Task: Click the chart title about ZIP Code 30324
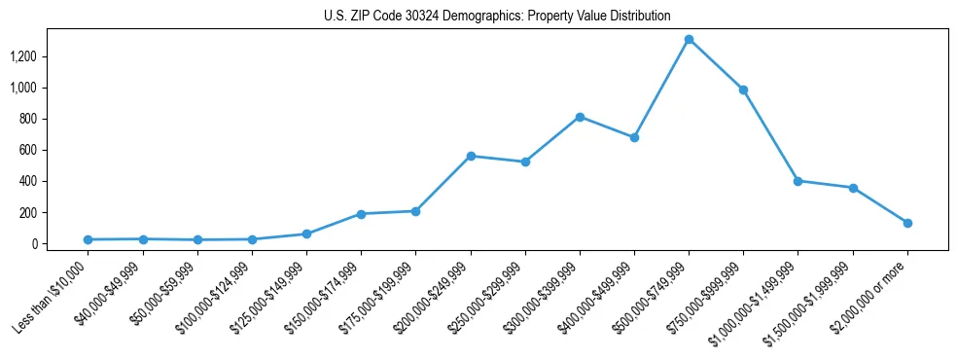[497, 17]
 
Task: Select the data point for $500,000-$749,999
[689, 40]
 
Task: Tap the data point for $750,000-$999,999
[743, 90]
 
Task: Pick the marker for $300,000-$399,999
[580, 117]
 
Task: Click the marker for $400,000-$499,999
[634, 137]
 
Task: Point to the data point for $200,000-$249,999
[471, 156]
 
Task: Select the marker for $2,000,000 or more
[906, 223]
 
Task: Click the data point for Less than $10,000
[89, 239]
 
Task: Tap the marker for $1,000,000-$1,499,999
[797, 181]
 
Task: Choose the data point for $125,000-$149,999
[306, 234]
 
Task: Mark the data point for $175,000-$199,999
[415, 211]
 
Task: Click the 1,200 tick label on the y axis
[22, 56]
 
